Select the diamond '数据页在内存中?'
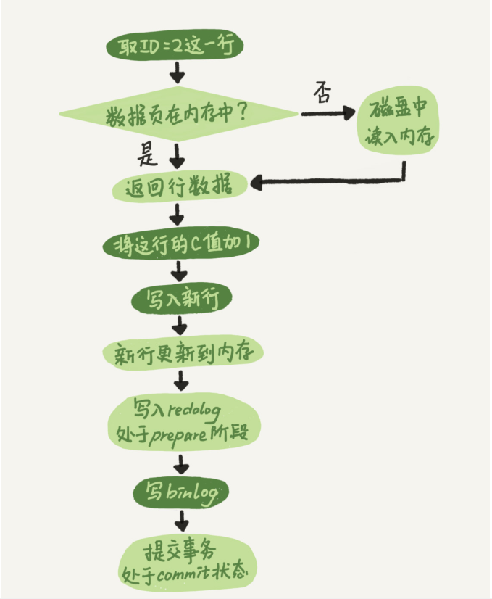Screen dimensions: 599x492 [x=178, y=114]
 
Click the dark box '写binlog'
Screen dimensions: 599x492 [x=180, y=493]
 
